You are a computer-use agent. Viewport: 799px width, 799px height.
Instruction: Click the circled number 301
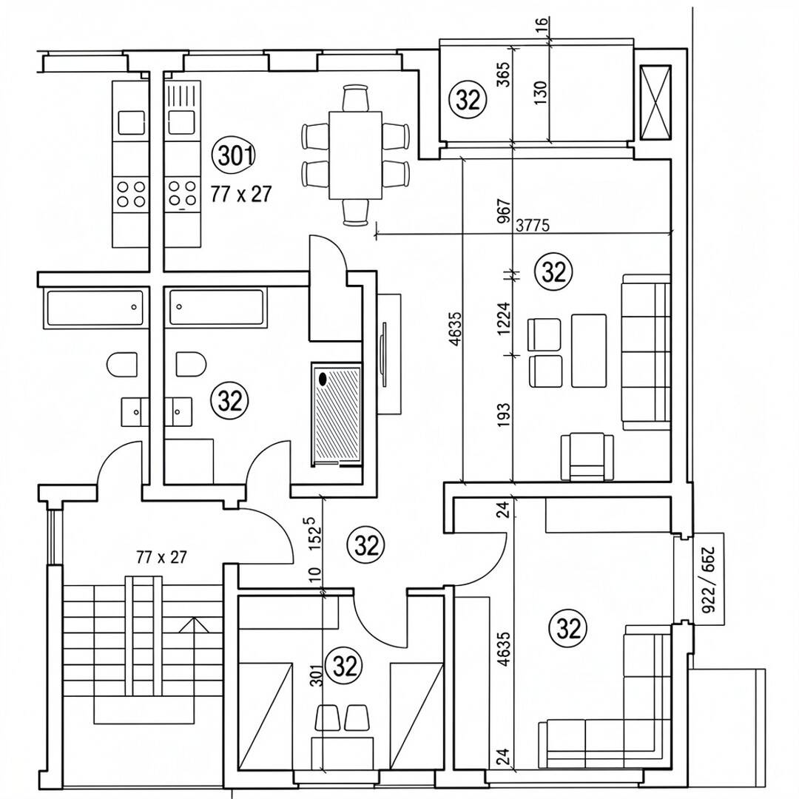coord(235,156)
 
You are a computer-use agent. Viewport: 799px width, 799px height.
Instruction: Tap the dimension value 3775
coord(533,225)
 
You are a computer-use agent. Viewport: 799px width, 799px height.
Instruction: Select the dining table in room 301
coord(356,155)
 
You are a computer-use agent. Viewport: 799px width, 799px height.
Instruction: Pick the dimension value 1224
coord(504,318)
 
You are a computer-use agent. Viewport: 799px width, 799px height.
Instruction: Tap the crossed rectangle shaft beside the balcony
coord(655,102)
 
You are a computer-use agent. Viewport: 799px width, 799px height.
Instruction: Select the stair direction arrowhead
coord(194,625)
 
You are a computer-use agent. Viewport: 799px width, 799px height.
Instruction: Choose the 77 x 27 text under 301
coord(241,194)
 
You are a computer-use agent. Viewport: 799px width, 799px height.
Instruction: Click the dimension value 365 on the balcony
coord(504,74)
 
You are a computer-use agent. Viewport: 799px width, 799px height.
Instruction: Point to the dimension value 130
coord(542,92)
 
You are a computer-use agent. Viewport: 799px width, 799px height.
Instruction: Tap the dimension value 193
coord(504,415)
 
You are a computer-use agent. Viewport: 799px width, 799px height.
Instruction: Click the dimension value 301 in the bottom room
coord(317,675)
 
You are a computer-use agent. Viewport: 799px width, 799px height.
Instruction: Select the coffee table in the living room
coord(589,351)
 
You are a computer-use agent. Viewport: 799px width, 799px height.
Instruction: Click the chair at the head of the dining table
coord(356,98)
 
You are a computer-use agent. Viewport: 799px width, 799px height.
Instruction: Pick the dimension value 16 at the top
coord(542,23)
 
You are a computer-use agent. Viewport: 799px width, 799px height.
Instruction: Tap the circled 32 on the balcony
coord(468,99)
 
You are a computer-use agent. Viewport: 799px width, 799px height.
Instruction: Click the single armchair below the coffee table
coord(587,456)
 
